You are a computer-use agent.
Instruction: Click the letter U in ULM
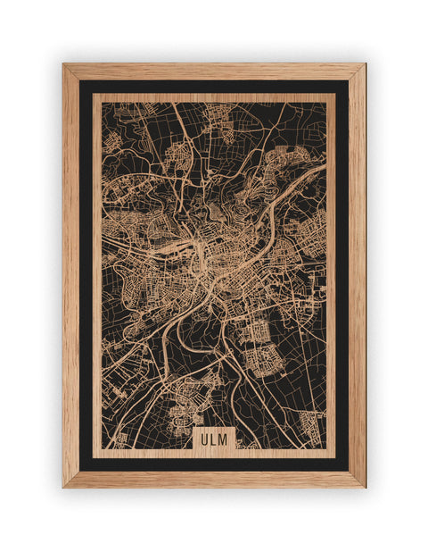coord(204,439)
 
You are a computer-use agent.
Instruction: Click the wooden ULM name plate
coord(214,439)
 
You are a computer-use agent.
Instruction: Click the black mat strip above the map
coord(214,87)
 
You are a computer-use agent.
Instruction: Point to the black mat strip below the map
coord(214,464)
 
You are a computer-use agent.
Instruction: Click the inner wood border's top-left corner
coord(95,96)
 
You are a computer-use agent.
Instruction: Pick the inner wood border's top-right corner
coord(333,96)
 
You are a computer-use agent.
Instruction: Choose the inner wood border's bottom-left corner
coord(95,456)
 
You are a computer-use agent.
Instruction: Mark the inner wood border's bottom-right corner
coord(333,456)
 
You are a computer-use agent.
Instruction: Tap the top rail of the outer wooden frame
coord(214,71)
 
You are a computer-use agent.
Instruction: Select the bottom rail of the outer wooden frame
coord(214,479)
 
